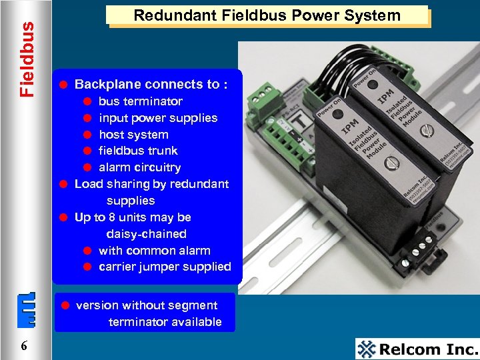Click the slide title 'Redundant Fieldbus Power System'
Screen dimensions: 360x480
click(267, 15)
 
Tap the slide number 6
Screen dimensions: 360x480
click(24, 345)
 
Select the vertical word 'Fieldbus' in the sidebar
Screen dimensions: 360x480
click(26, 59)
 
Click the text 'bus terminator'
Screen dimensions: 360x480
click(140, 101)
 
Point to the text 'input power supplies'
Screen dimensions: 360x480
click(158, 118)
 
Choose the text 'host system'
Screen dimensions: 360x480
click(133, 135)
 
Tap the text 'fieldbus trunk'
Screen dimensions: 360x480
click(138, 151)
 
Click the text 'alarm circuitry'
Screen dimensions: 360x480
click(139, 167)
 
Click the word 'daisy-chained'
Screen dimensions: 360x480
click(146, 234)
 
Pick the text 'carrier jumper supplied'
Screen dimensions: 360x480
click(165, 267)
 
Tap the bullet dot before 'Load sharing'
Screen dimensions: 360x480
click(62, 184)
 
